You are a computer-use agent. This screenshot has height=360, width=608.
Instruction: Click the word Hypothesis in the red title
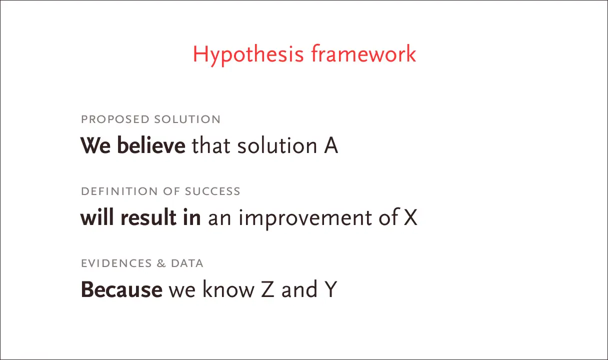pyautogui.click(x=248, y=55)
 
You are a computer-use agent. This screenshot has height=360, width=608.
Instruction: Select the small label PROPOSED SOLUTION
pyautogui.click(x=151, y=119)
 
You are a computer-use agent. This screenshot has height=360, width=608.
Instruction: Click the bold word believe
pyautogui.click(x=151, y=145)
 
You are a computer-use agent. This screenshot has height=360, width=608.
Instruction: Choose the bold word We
pyautogui.click(x=95, y=146)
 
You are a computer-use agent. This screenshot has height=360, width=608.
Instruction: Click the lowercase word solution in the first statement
pyautogui.click(x=277, y=145)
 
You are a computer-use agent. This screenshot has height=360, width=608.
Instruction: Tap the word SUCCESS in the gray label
pyautogui.click(x=212, y=191)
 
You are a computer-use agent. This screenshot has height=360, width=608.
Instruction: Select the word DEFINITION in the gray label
pyautogui.click(x=119, y=191)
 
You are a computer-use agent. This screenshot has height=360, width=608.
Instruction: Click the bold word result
pyautogui.click(x=148, y=217)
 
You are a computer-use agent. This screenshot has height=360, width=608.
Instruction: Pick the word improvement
pyautogui.click(x=305, y=219)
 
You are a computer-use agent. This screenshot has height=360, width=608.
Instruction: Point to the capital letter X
pyautogui.click(x=410, y=217)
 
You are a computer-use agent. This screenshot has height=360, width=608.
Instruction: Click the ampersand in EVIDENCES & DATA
pyautogui.click(x=161, y=263)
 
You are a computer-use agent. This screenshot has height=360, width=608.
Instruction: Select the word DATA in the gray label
pyautogui.click(x=187, y=263)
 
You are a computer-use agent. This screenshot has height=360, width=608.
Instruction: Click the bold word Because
pyautogui.click(x=121, y=289)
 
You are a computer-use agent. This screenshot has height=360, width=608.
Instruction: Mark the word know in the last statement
pyautogui.click(x=228, y=289)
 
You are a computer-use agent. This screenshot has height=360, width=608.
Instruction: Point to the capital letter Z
pyautogui.click(x=267, y=289)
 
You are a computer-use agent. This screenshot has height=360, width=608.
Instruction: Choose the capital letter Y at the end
pyautogui.click(x=330, y=289)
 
